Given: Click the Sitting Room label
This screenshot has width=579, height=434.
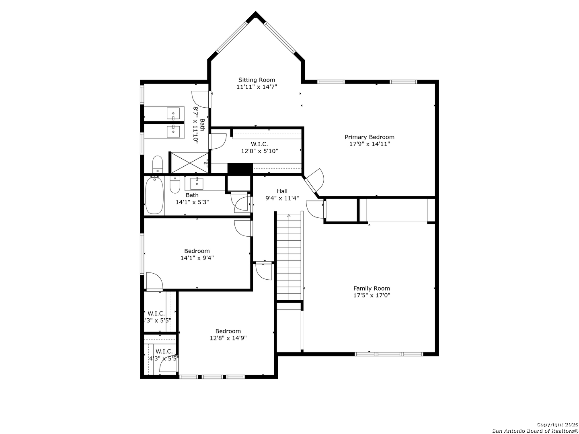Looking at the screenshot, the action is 257,80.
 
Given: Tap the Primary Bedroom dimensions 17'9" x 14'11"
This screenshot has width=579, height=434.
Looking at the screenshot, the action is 369,144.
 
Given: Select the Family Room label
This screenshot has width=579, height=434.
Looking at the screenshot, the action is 372,288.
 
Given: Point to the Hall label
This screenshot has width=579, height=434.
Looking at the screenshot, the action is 282,191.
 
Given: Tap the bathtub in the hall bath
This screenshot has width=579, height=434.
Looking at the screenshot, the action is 154,196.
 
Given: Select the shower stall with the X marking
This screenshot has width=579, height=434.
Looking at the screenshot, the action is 190,163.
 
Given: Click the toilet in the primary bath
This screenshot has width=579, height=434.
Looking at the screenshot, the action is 158,164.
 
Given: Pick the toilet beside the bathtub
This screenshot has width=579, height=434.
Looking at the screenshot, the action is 175,184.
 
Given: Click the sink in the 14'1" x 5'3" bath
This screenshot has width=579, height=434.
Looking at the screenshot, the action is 197,184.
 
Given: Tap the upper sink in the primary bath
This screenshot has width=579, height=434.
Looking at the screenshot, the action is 173,113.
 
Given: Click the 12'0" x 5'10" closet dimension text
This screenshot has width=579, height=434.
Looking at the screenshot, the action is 260,151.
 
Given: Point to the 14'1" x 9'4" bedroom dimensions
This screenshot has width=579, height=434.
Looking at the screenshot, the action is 197,258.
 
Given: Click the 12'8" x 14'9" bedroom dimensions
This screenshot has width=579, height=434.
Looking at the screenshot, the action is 228,338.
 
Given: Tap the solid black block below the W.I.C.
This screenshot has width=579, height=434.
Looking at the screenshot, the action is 240,169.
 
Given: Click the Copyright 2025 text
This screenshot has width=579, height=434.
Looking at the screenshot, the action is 557,424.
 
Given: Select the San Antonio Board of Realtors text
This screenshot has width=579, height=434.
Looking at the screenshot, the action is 535,430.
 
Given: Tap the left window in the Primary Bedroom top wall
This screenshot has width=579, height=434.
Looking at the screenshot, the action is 331,82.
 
